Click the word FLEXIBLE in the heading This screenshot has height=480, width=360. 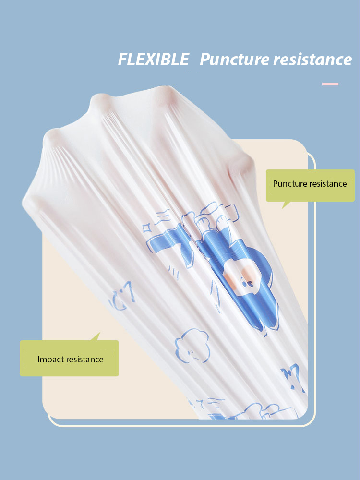[x=154, y=60]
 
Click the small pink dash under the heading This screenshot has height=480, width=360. [x=330, y=84]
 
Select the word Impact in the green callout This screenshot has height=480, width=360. [x=50, y=359]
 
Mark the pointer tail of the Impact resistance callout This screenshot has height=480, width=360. [x=97, y=336]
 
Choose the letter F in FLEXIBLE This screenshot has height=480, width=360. [x=123, y=60]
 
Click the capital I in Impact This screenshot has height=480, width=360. [x=38, y=359]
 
